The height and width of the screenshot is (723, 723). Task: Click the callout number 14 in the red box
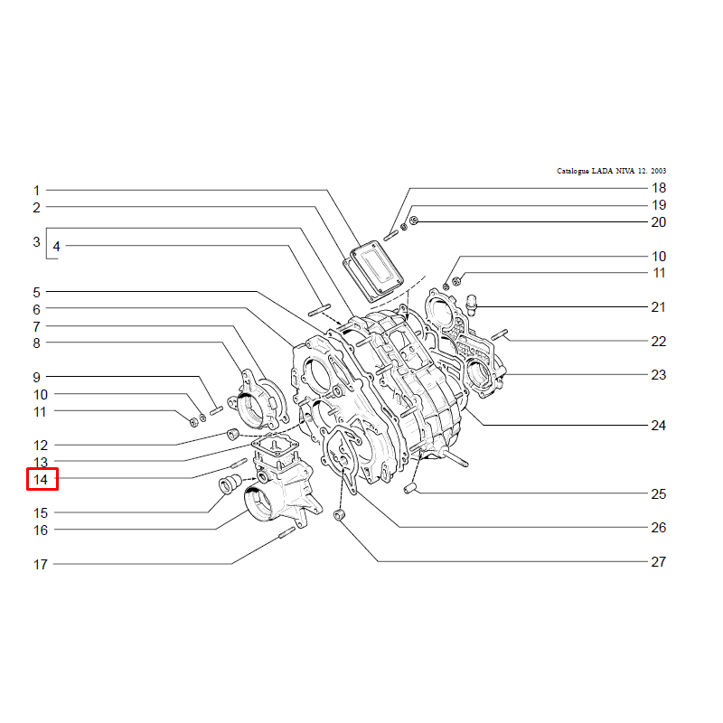coord(41,480)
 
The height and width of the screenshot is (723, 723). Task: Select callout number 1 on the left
coord(36,191)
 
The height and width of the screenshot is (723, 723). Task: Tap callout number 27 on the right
coord(659,561)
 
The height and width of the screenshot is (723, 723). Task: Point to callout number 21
coord(659,307)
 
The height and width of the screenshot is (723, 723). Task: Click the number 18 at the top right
coord(659,188)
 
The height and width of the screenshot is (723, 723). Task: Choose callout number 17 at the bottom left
coord(41,564)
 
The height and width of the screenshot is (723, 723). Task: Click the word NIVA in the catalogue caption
coord(625,171)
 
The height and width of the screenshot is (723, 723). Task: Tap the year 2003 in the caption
coord(659,171)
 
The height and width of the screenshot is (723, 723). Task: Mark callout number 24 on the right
coord(659,425)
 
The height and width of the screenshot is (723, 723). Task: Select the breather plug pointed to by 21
coord(471,305)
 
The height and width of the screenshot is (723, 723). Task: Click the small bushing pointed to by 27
coord(340,515)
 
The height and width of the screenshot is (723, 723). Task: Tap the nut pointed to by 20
coord(414,221)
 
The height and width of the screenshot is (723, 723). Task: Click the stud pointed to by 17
coord(286,532)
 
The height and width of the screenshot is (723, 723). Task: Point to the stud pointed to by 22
coord(500,334)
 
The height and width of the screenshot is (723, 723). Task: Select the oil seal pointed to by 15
coord(230,484)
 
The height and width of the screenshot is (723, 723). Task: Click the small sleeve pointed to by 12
coord(233,434)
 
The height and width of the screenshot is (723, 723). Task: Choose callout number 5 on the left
coord(36,292)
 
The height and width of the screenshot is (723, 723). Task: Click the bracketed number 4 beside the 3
coord(56,246)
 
